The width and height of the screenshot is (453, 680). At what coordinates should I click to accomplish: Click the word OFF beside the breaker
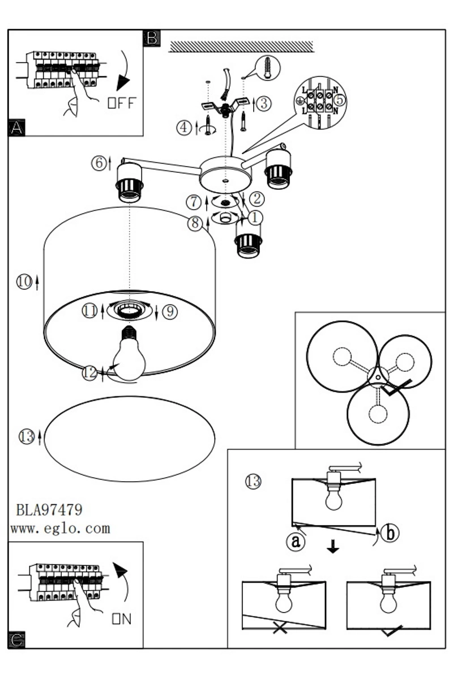(x=122, y=103)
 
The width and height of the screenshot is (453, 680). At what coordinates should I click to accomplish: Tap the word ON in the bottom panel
(x=122, y=619)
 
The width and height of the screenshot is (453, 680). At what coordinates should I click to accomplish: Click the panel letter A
(x=17, y=127)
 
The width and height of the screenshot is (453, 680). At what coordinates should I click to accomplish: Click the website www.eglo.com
(x=60, y=529)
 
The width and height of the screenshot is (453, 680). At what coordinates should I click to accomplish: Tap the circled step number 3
(x=264, y=103)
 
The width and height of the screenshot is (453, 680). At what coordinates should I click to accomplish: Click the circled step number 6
(x=99, y=163)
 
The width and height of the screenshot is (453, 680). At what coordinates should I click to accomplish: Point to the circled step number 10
(x=24, y=282)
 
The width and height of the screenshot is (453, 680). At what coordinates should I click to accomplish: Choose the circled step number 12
(x=89, y=373)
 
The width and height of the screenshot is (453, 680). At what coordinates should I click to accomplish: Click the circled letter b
(x=390, y=532)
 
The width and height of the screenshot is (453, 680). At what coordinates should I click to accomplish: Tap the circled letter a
(x=295, y=541)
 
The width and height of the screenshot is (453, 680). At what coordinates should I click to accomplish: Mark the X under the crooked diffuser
(x=279, y=628)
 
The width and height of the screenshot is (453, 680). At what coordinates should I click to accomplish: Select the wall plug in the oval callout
(x=268, y=69)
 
